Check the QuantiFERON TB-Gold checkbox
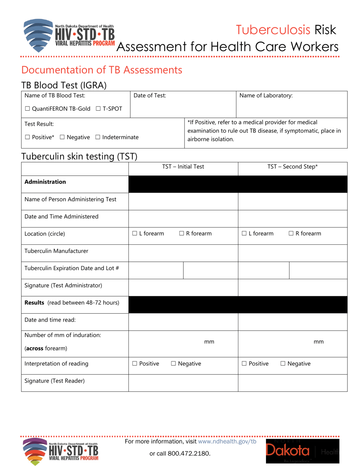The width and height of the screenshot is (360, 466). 27,109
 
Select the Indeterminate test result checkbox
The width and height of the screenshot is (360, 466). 97,137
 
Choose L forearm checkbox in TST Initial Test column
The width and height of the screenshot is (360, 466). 135,234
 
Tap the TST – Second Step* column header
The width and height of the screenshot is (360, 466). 293,166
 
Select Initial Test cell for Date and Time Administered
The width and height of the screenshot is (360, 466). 183,217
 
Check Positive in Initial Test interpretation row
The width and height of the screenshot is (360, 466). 135,364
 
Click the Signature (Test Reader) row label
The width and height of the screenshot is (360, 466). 54,381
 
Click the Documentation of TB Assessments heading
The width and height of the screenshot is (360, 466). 102,70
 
